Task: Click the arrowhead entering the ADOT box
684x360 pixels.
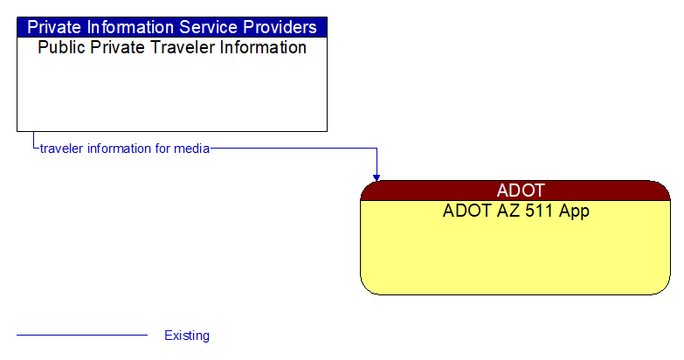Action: pos(377,177)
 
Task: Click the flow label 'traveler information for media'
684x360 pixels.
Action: pos(125,149)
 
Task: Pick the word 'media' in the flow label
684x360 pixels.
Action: pos(192,149)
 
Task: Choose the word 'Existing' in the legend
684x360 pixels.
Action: pos(187,336)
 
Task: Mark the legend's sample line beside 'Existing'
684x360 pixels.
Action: pos(82,336)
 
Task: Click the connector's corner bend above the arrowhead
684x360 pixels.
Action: pos(377,149)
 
